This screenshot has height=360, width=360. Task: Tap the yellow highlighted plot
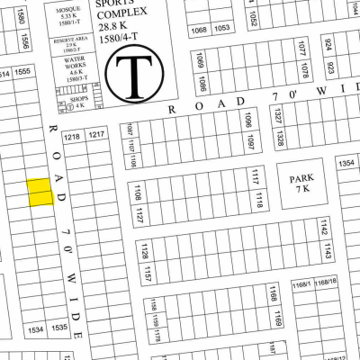pos(39,193)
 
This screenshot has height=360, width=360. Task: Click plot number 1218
pos(72,136)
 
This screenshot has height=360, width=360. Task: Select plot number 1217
pos(96,135)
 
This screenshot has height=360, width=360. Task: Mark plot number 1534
pos(37,330)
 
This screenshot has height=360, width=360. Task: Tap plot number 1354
pos(346,163)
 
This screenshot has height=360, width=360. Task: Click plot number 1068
pos(199,30)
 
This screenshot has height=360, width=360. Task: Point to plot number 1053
pos(222,30)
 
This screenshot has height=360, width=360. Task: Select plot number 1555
pos(24,72)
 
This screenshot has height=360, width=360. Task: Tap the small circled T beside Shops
pos(69,105)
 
